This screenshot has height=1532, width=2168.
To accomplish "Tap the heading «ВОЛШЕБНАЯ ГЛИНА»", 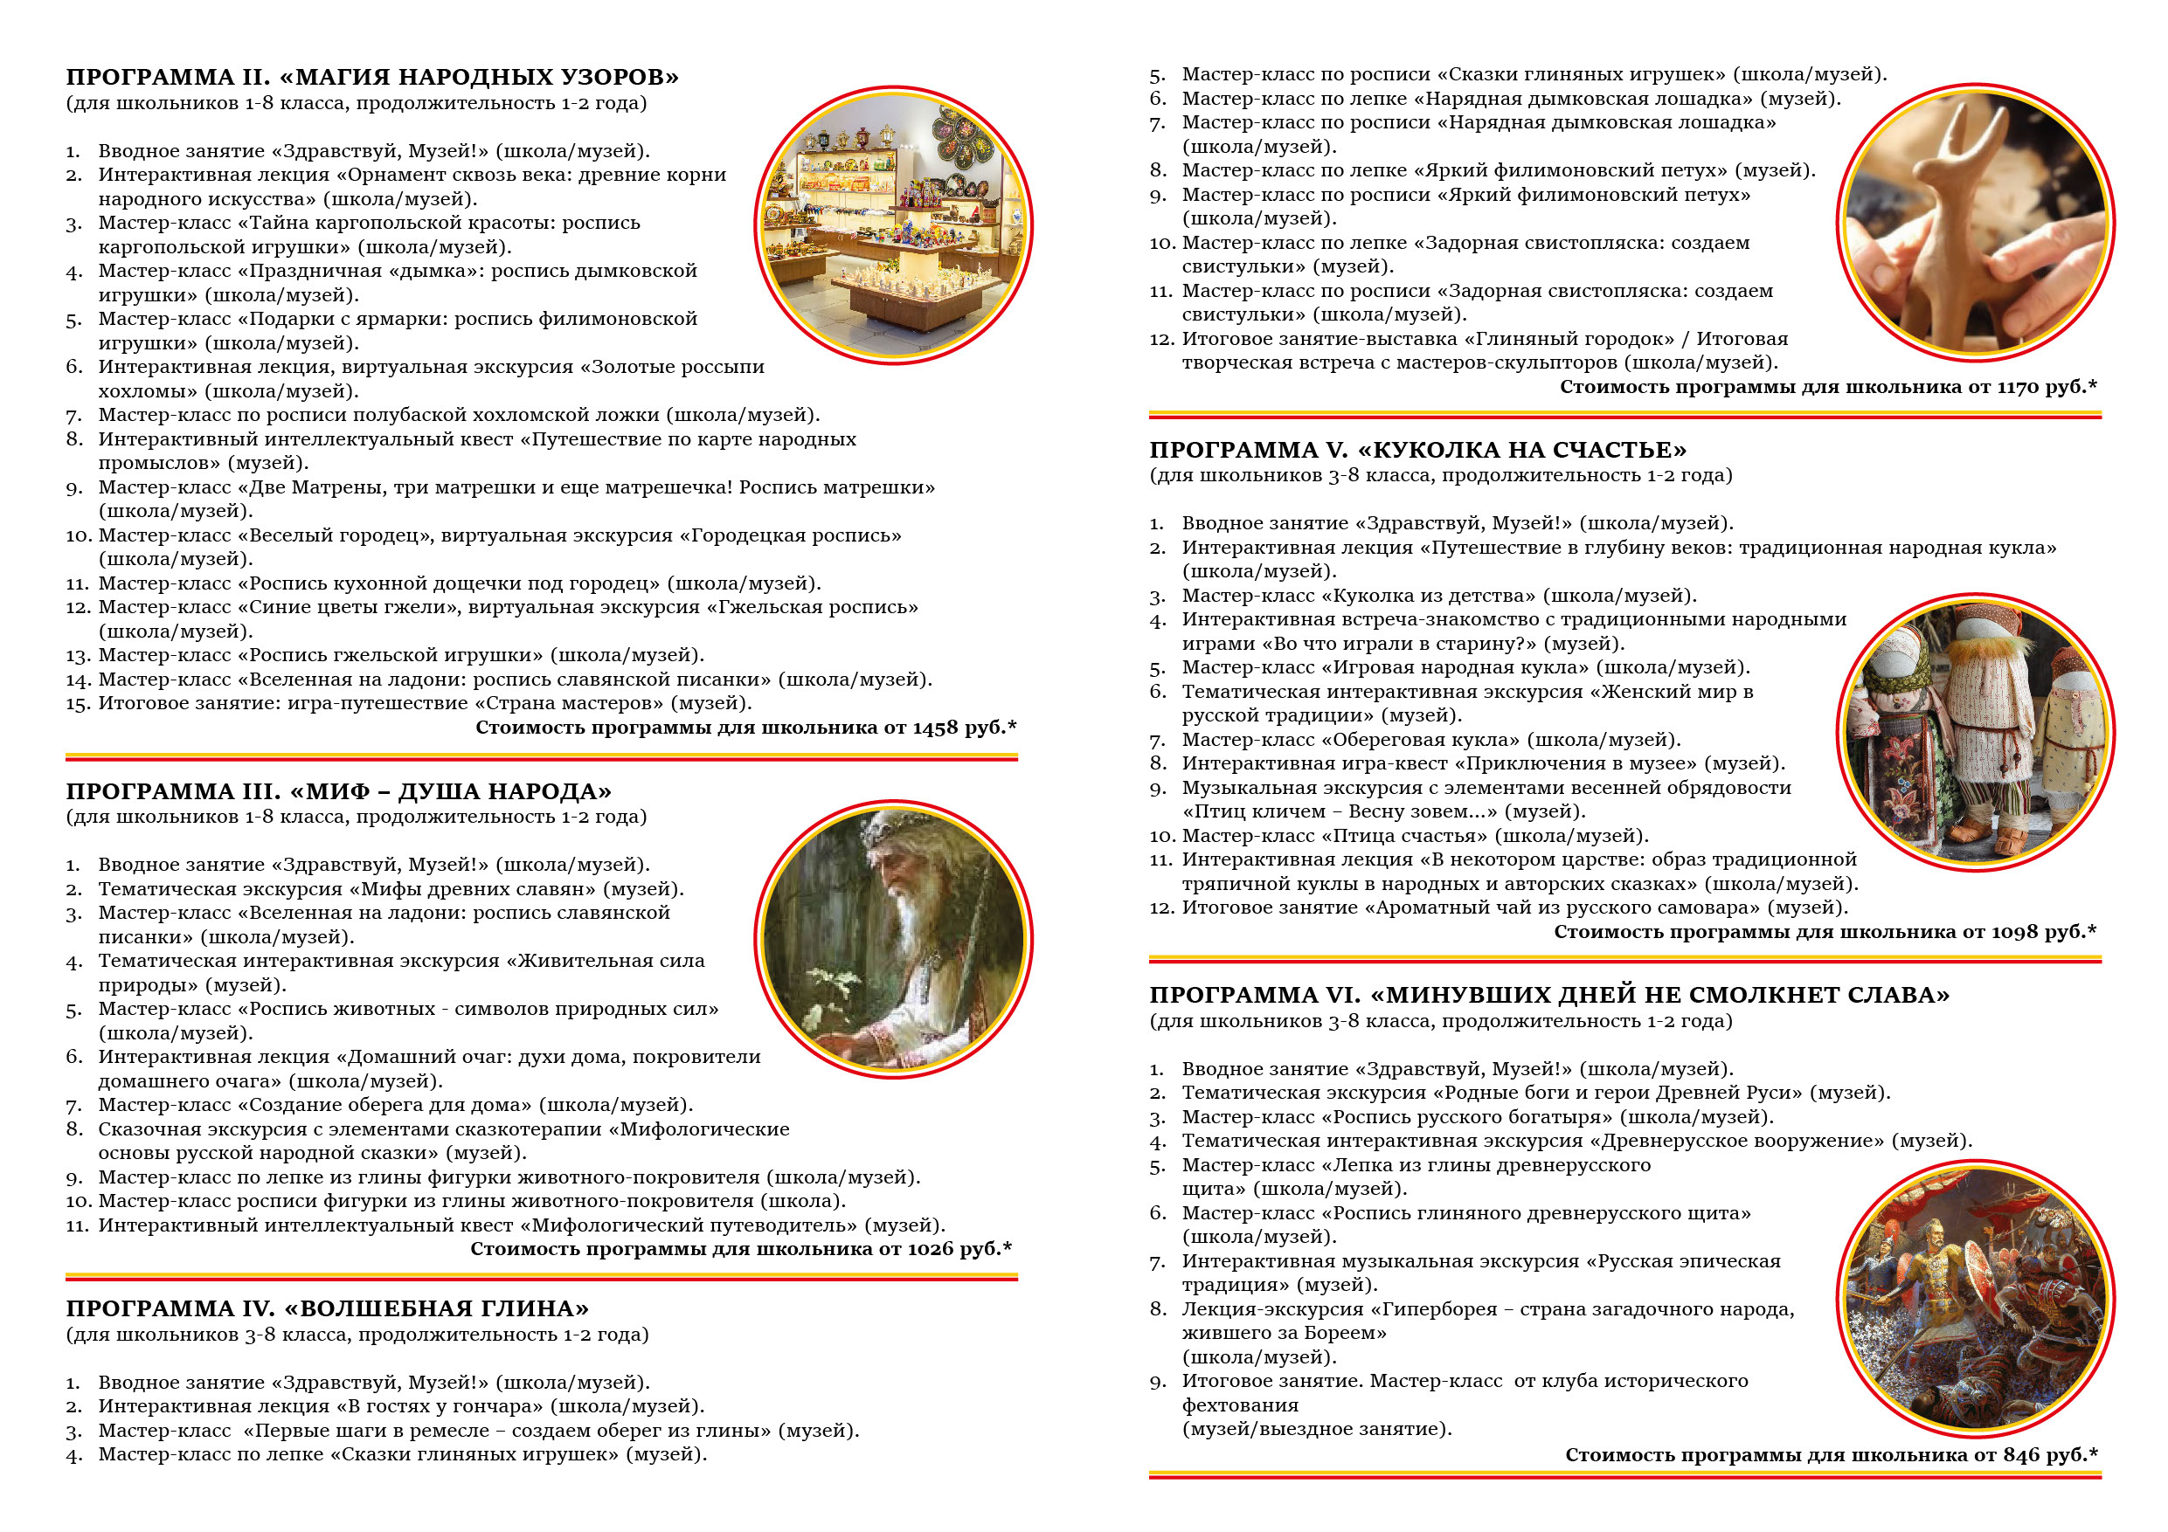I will [435, 1308].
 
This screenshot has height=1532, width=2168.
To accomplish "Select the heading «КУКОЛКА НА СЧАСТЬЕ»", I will [1521, 451].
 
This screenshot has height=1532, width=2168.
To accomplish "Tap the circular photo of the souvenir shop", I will [892, 224].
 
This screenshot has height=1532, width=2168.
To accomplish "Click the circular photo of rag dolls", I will [1976, 732].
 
